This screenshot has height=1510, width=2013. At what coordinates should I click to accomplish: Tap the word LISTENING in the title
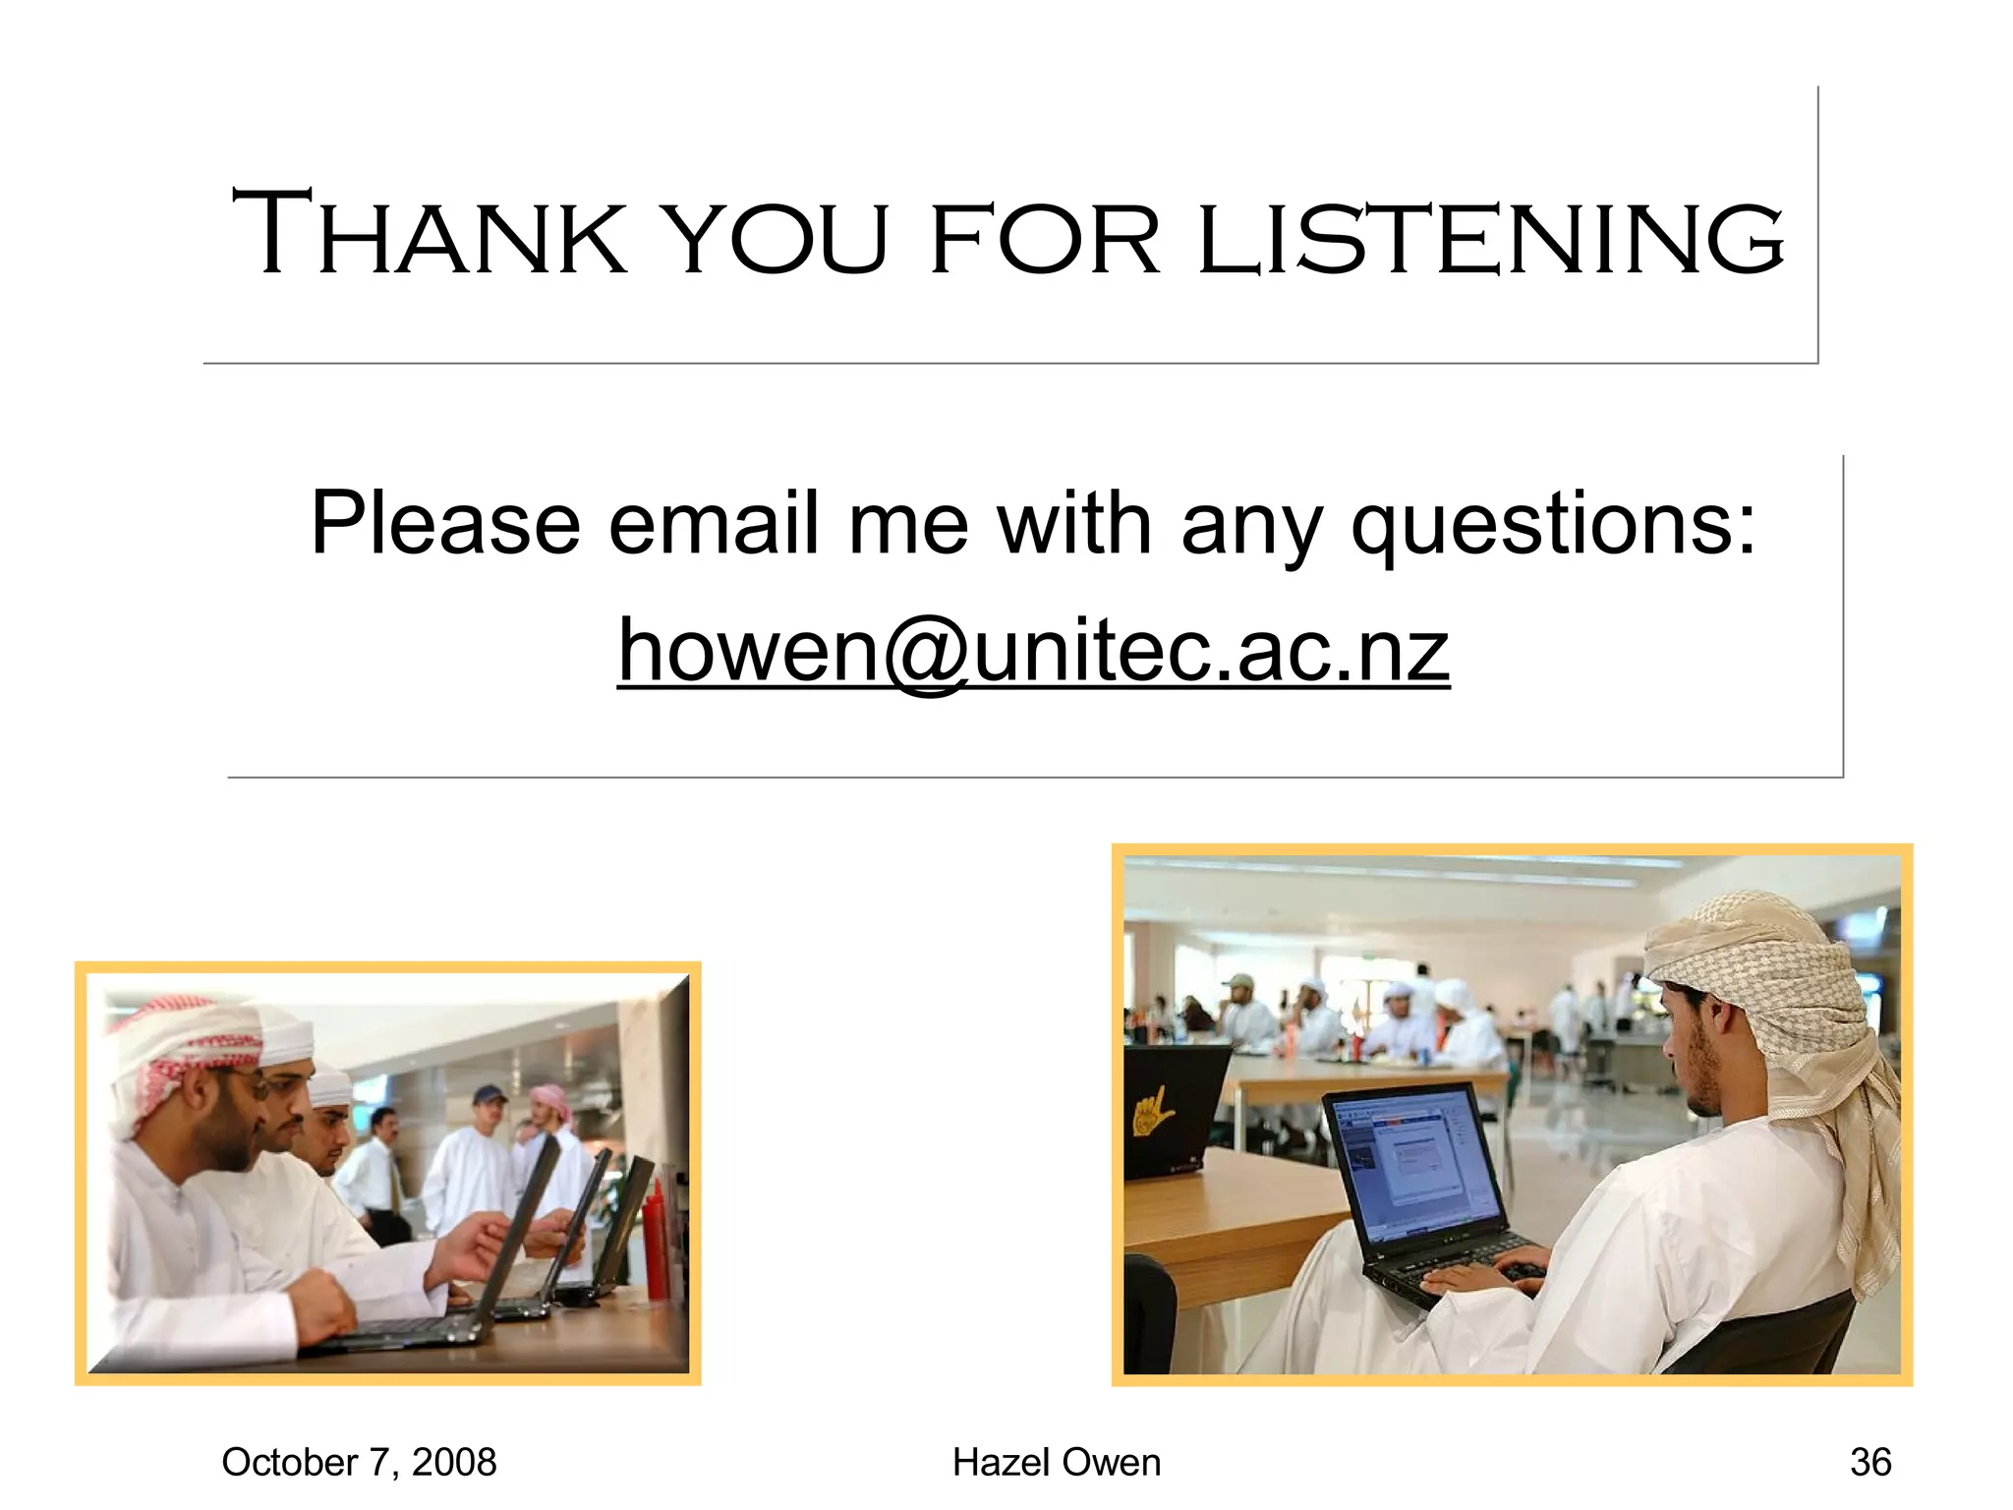pyautogui.click(x=1490, y=238)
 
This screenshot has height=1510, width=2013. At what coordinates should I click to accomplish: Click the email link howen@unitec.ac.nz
pyautogui.click(x=1033, y=651)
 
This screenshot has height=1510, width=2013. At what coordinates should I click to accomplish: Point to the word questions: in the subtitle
pyautogui.click(x=1553, y=526)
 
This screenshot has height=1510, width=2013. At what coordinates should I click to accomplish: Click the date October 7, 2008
pyautogui.click(x=359, y=1462)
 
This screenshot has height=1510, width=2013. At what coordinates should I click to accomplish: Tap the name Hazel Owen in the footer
pyautogui.click(x=1057, y=1462)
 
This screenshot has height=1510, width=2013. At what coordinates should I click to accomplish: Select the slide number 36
pyautogui.click(x=1870, y=1462)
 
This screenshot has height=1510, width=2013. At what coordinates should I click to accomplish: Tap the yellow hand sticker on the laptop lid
pyautogui.click(x=1153, y=1112)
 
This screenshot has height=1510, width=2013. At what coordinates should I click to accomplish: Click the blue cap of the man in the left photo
pyautogui.click(x=489, y=1095)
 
